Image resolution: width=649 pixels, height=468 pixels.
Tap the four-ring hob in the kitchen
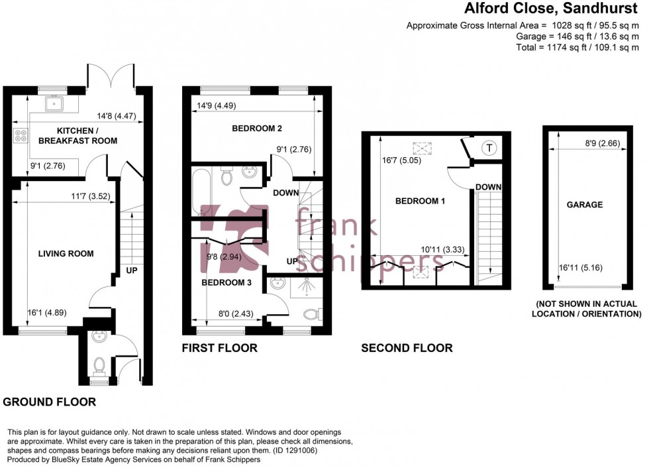(19, 135)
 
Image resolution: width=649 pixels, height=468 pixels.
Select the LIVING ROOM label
(66, 253)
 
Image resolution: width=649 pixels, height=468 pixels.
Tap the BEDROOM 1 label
(420, 201)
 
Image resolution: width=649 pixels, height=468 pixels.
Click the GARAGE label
(584, 205)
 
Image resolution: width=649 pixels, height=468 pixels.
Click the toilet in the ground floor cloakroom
(99, 364)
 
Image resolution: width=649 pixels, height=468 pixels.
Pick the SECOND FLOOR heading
(407, 348)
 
